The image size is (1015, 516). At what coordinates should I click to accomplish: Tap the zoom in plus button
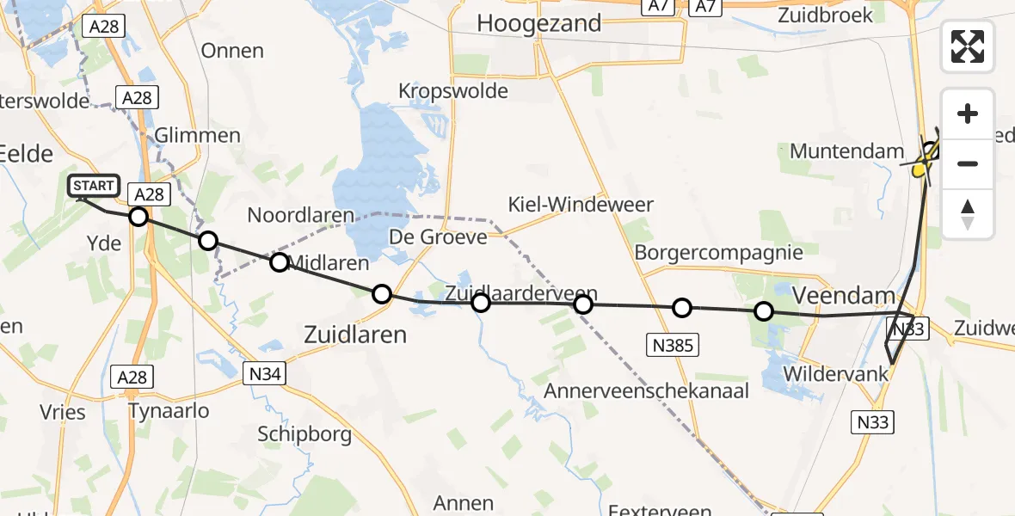click(968, 114)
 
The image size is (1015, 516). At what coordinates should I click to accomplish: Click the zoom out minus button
click(968, 163)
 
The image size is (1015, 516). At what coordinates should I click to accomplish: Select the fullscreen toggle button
click(968, 46)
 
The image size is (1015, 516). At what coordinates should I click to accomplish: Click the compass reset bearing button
click(968, 213)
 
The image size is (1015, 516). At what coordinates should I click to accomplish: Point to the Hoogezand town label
click(539, 24)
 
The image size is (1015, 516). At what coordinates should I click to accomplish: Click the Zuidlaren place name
click(355, 335)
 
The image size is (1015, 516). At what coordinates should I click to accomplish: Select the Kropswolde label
click(453, 91)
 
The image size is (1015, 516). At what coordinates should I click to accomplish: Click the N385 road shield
click(672, 346)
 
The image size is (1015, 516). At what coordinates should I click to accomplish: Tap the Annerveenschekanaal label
click(647, 391)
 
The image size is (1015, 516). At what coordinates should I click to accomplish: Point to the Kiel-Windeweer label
click(581, 206)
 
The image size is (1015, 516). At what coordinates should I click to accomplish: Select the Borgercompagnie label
click(719, 253)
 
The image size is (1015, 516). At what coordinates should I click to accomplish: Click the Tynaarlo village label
click(168, 411)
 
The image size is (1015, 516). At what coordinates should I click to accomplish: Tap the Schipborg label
click(304, 434)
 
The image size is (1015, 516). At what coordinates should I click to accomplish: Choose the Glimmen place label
click(198, 136)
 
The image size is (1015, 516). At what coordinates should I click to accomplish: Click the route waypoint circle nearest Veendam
click(763, 311)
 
